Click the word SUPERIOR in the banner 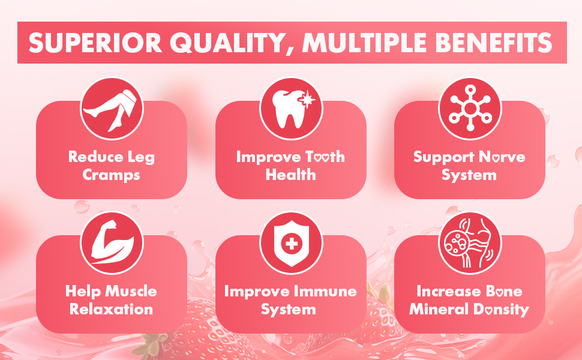(x=95, y=43)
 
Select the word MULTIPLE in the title (x=365, y=43)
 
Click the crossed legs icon (x=112, y=109)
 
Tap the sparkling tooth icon (x=292, y=109)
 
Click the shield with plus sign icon (x=292, y=244)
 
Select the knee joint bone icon (x=470, y=243)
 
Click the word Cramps (x=112, y=175)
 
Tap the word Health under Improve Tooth (x=290, y=175)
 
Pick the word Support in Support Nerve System (x=444, y=157)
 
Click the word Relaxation (x=112, y=309)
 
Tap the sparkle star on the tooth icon (x=308, y=100)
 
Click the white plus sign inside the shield (x=292, y=244)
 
